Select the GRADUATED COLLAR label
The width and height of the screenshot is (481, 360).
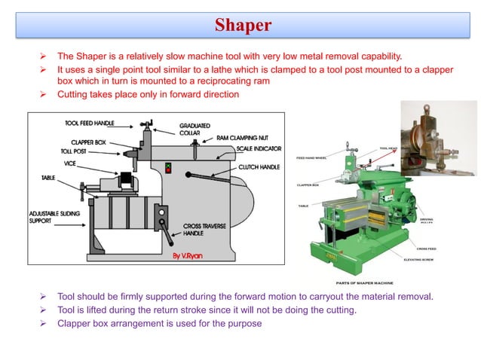click(x=195, y=130)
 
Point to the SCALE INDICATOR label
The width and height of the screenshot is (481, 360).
click(x=259, y=148)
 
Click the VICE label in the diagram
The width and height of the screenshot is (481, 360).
click(x=70, y=163)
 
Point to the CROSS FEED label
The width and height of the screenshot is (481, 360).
click(x=426, y=248)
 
